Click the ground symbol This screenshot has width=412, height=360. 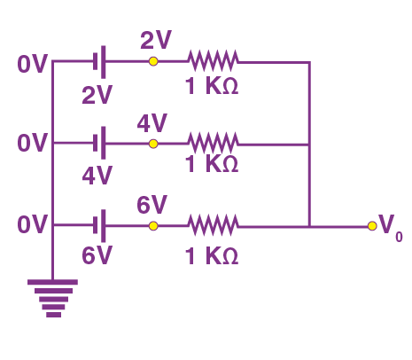point(52,298)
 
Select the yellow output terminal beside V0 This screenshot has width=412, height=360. point(372,226)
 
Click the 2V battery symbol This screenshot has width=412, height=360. point(99,62)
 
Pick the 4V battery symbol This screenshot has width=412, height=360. point(99,143)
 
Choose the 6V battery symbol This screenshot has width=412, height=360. point(99,226)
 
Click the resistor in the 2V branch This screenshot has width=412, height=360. point(213,61)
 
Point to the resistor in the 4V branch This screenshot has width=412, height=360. point(213,144)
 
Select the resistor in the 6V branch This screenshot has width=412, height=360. point(213,226)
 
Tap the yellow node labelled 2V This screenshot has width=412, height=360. point(153,61)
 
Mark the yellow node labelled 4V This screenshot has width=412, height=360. point(153,144)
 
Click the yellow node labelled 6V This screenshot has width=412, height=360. point(153,226)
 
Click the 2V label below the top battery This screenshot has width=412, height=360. point(97,95)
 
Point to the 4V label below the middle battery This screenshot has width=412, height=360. point(97,176)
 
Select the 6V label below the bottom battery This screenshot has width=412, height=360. point(97,255)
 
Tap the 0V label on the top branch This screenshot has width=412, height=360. point(32,64)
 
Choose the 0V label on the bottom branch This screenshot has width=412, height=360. point(32,224)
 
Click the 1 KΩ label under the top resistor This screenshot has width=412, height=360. point(212,86)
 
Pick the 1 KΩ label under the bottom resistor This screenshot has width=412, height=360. point(212,256)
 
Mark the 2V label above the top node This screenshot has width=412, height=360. point(156,40)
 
